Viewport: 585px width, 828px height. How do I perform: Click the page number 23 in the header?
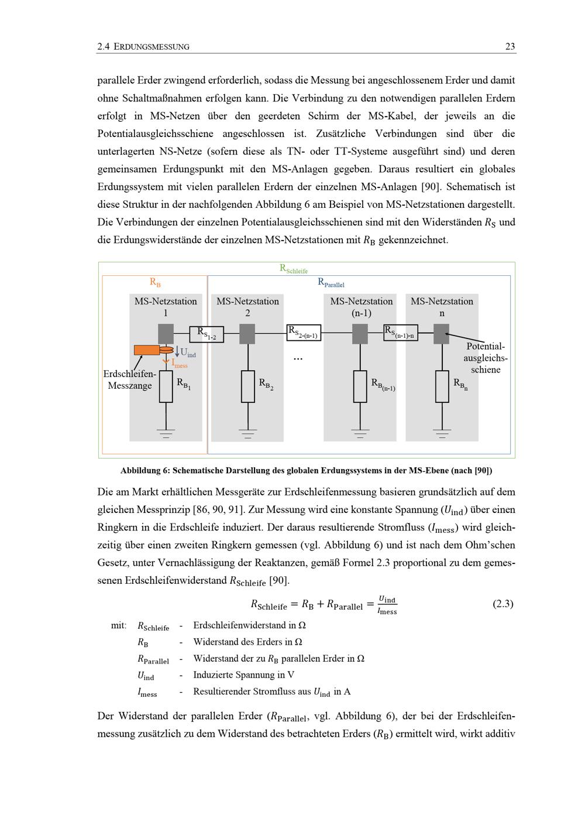tap(510, 47)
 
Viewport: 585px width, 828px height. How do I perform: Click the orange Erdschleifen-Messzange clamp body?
tap(147, 350)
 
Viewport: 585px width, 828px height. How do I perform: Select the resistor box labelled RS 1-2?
tap(207, 334)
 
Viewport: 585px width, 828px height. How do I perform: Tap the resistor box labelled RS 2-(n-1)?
tap(304, 332)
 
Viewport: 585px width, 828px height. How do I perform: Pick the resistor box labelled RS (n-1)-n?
tap(401, 332)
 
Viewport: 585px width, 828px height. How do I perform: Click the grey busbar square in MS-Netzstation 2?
tap(247, 334)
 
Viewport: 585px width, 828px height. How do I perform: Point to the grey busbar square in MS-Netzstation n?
tap(441, 334)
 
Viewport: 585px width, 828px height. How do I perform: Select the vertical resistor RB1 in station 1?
tap(166, 386)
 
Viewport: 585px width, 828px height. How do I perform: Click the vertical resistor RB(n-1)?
tap(360, 386)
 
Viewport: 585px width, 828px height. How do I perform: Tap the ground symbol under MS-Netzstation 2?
tap(247, 433)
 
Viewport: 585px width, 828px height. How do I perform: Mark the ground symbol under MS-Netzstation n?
tap(442, 433)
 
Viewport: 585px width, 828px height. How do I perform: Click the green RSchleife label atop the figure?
tap(294, 269)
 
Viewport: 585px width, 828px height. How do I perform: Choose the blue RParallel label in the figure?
tap(331, 283)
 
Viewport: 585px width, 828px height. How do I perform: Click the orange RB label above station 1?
tap(155, 282)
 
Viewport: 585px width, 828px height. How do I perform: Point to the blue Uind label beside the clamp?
tap(188, 353)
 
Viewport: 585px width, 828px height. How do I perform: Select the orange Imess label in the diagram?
tap(180, 364)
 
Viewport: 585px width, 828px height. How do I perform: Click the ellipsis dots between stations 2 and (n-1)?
tap(298, 359)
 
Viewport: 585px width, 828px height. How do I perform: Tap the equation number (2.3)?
tap(503, 604)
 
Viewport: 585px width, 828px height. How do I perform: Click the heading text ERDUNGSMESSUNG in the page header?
tap(152, 47)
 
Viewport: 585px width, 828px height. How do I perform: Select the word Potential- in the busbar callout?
tap(486, 346)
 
